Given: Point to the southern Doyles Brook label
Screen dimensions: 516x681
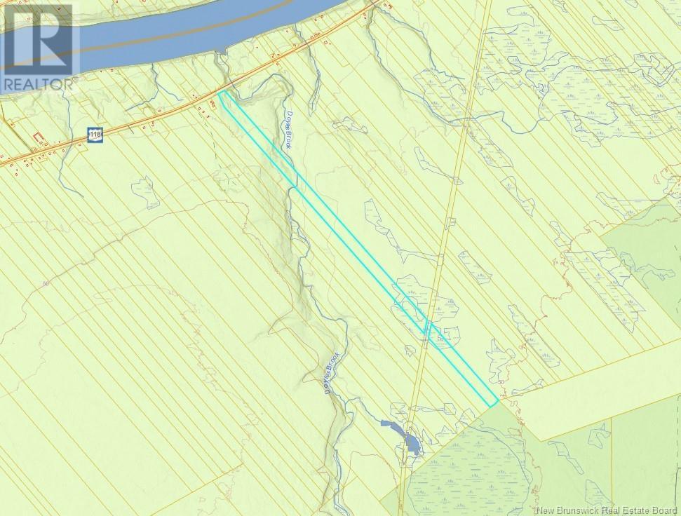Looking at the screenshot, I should pyautogui.click(x=331, y=373).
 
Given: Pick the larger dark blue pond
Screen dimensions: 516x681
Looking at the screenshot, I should pyautogui.click(x=412, y=444).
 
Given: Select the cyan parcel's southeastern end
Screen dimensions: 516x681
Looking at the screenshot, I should pyautogui.click(x=494, y=402).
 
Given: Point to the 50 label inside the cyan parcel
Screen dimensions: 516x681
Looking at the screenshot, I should pyautogui.click(x=440, y=338).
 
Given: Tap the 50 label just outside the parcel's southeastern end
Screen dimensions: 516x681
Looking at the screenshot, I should pyautogui.click(x=501, y=381).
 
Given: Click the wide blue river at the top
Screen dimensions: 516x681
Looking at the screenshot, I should pyautogui.click(x=175, y=35).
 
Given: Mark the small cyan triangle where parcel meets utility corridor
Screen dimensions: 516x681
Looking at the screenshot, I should pyautogui.click(x=428, y=328).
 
